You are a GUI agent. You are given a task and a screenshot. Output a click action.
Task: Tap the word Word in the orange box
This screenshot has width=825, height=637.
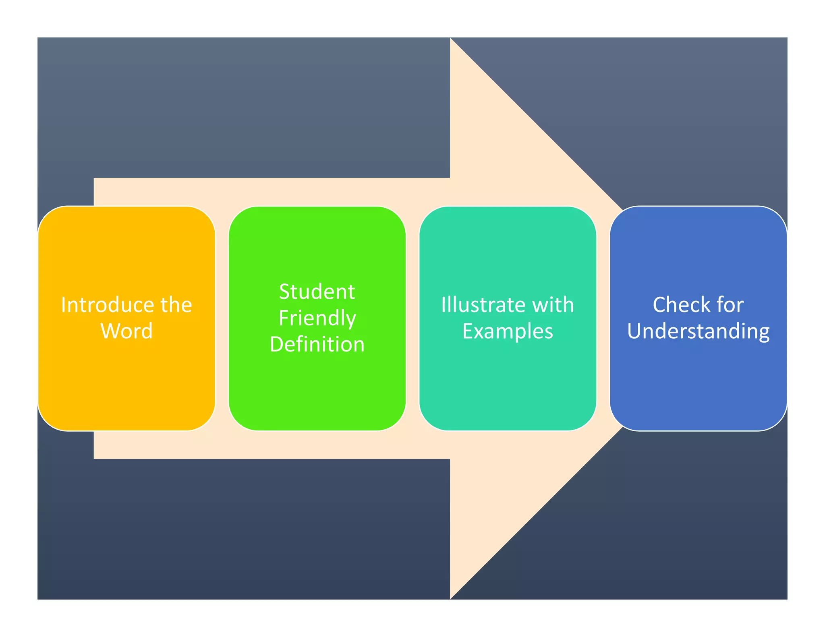[x=126, y=331]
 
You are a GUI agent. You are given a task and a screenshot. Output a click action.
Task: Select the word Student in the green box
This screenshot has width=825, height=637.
[x=317, y=292]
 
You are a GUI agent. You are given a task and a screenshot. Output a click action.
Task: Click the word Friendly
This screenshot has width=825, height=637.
[x=317, y=318]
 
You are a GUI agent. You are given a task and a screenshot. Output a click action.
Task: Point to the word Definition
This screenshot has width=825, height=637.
[x=317, y=344]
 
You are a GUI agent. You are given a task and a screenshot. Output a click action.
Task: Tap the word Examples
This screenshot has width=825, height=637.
[x=508, y=331]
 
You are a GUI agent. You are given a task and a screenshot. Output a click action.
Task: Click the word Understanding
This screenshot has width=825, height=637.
[x=698, y=331]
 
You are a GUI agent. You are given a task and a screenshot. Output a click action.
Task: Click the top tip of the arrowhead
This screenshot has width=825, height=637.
[x=451, y=39]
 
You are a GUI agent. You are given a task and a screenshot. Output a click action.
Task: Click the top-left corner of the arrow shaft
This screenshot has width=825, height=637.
[x=95, y=179]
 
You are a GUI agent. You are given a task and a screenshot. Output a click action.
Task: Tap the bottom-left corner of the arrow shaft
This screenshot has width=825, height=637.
[x=95, y=458]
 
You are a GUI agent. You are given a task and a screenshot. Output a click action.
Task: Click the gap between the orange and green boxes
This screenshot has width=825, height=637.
[x=222, y=318]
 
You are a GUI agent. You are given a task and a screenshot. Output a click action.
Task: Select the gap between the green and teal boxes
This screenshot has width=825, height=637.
[x=412, y=318]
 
